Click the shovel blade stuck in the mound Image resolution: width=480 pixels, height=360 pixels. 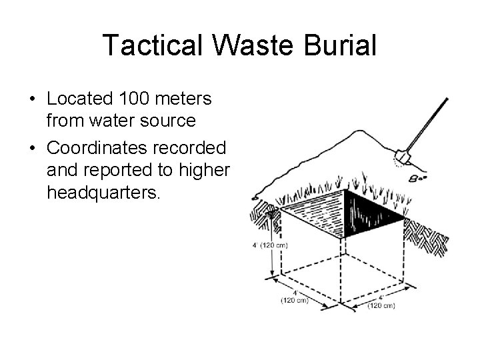[401, 157]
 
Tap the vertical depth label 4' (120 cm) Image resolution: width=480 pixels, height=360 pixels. [269, 245]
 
